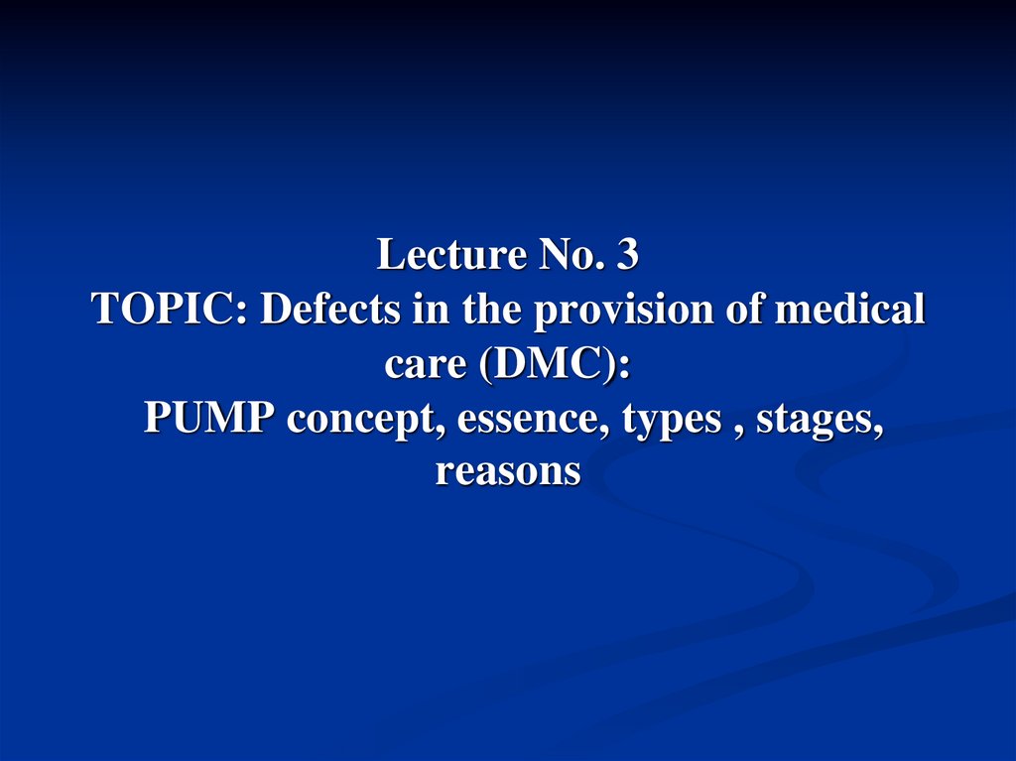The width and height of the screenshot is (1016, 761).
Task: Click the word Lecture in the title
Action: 451,256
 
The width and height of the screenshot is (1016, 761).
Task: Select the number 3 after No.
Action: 626,256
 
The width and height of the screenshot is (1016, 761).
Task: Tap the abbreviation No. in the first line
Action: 571,256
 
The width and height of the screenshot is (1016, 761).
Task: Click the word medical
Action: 850,311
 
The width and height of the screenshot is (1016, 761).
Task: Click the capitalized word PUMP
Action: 209,419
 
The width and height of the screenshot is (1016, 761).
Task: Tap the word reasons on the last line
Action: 507,472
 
